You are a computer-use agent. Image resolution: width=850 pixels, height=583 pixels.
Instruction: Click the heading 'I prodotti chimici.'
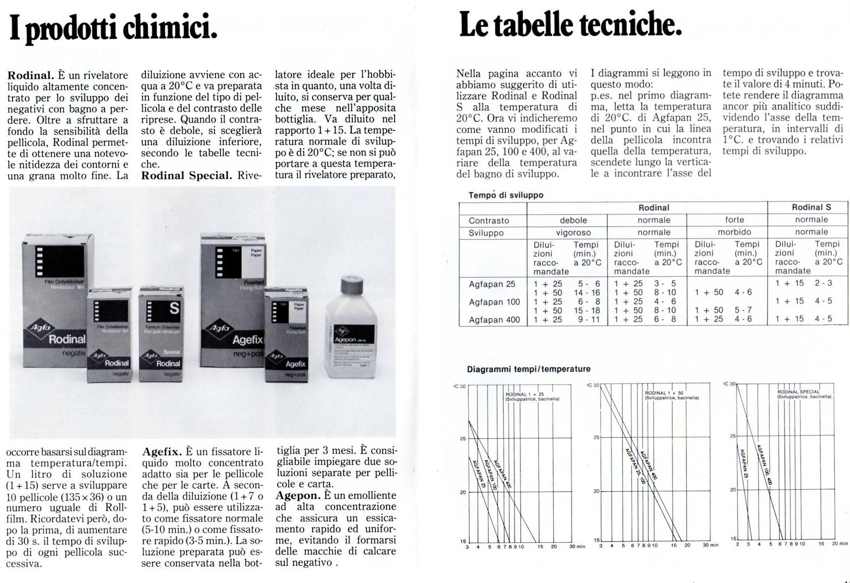(x=113, y=28)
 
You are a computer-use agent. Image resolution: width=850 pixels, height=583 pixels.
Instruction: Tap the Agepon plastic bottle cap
(x=352, y=286)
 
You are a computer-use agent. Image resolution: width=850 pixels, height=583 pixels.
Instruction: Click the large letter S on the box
(x=174, y=308)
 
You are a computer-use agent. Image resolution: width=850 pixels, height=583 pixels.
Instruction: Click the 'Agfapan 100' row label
(x=494, y=302)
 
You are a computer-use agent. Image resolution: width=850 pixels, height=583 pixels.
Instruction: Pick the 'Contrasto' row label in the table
(x=489, y=221)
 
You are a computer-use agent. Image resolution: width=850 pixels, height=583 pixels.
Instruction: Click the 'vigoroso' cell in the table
(x=573, y=233)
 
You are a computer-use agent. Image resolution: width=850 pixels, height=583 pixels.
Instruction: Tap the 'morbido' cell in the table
(x=734, y=232)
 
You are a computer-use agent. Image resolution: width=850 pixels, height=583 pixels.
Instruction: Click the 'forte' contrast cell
(x=734, y=220)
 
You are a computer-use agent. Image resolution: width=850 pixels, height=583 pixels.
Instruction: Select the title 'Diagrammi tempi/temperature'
(x=528, y=369)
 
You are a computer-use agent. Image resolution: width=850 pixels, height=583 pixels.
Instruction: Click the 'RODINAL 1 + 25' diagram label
(x=524, y=394)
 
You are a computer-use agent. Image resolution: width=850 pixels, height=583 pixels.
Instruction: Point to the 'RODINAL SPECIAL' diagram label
(x=799, y=392)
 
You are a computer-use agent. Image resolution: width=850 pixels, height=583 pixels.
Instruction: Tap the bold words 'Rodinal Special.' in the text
(x=186, y=176)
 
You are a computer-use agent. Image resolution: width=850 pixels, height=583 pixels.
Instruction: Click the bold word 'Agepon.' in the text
(x=298, y=496)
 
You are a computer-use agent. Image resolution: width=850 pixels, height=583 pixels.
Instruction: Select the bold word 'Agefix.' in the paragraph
(x=162, y=451)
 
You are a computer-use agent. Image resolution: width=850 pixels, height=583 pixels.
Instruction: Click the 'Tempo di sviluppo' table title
(x=506, y=195)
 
